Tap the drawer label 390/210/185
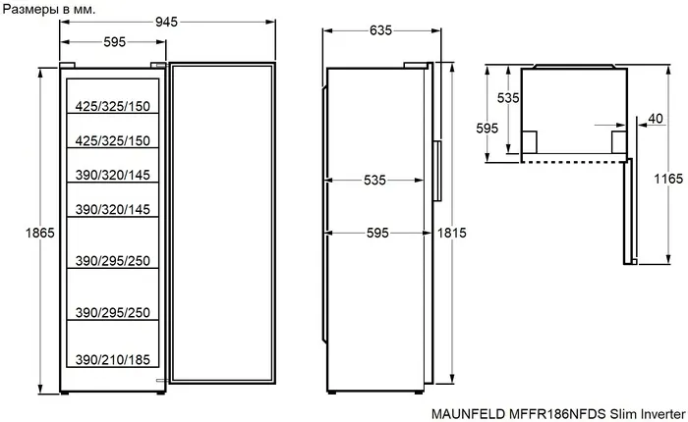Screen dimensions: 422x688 (113, 360)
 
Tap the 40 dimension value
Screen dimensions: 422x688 (657, 119)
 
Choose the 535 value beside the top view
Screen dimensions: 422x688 (507, 98)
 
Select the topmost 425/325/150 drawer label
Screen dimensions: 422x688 (113, 103)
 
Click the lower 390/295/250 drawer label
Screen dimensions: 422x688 (113, 312)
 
